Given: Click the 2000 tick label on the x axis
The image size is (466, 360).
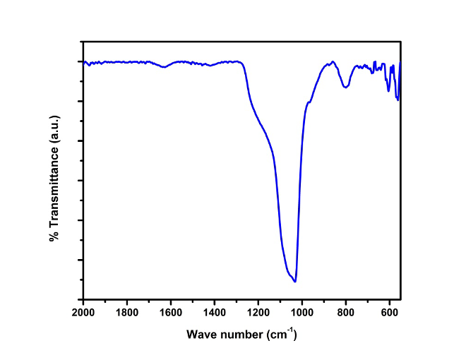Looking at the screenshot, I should click(x=83, y=311).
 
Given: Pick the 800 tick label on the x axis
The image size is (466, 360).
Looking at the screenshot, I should click(x=346, y=311).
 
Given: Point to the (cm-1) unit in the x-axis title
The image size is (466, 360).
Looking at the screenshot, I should click(x=281, y=333).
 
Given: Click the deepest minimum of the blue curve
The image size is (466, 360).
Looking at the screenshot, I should click(x=295, y=281).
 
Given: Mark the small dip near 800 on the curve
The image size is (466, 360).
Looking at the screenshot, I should click(x=345, y=87).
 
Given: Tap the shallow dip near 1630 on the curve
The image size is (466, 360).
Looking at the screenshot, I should click(x=164, y=67).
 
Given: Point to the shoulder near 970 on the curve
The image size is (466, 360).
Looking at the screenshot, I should click(x=309, y=102).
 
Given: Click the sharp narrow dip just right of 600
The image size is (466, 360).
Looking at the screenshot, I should click(x=398, y=100).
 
